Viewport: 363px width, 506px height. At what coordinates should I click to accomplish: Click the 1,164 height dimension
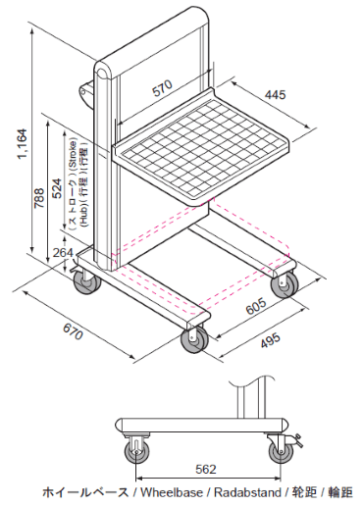pyautogui.click(x=22, y=145)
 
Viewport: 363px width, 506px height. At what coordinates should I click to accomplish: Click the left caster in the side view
pyautogui.click(x=132, y=451)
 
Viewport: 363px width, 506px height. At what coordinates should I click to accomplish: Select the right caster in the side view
pyautogui.click(x=282, y=451)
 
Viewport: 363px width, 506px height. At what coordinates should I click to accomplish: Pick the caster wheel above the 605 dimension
pyautogui.click(x=285, y=284)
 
